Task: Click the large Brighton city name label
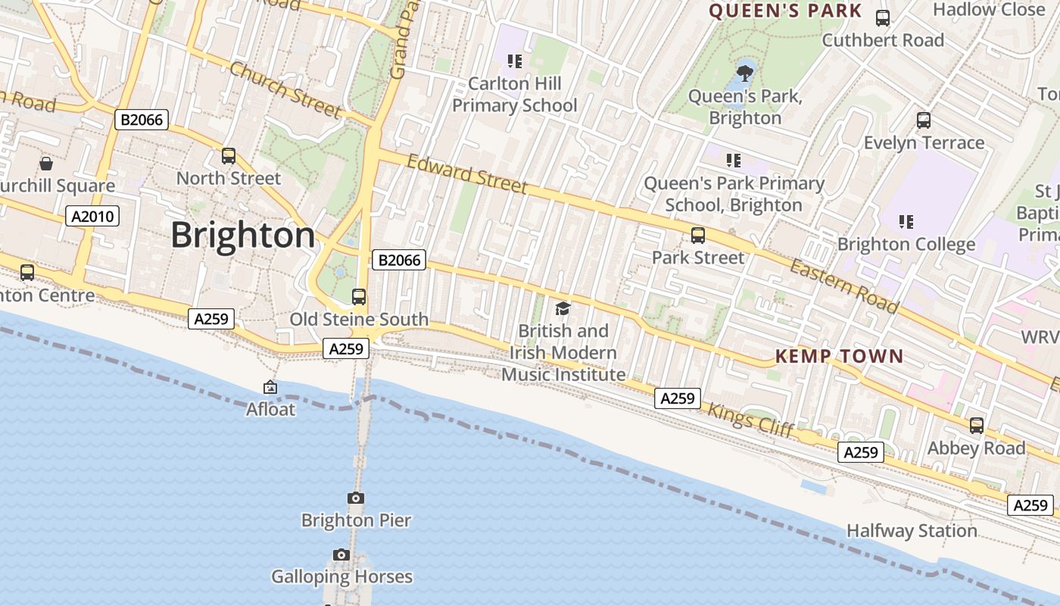click(x=242, y=235)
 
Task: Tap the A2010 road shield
click(x=92, y=217)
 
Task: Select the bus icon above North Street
click(x=229, y=156)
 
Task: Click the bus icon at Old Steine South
click(x=359, y=297)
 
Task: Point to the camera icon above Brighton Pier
click(x=356, y=498)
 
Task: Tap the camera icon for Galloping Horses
click(x=341, y=554)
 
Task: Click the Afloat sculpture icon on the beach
click(x=270, y=387)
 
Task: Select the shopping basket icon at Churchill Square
click(x=46, y=164)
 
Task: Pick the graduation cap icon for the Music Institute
click(x=563, y=308)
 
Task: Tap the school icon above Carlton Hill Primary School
click(x=515, y=61)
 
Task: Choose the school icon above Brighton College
click(x=906, y=222)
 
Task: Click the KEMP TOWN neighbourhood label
click(x=840, y=356)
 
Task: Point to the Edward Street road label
click(x=466, y=174)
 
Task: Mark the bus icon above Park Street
click(x=698, y=236)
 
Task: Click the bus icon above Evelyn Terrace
click(x=924, y=120)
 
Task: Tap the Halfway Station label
click(x=912, y=531)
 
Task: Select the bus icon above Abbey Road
click(x=977, y=426)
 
